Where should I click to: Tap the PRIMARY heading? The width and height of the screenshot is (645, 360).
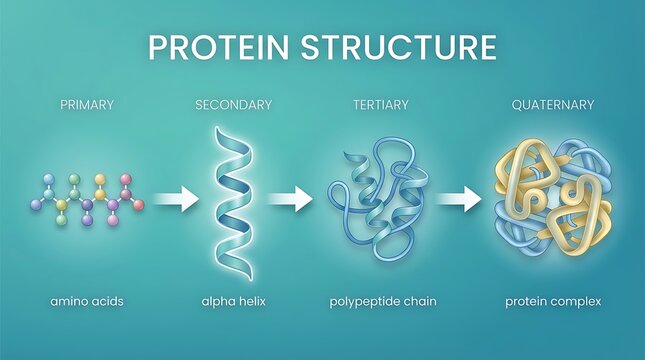point(87,104)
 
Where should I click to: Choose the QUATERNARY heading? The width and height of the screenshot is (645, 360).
point(553,104)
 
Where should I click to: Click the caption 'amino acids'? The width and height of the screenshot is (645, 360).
point(87,300)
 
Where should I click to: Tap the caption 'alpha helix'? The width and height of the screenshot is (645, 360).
point(233,300)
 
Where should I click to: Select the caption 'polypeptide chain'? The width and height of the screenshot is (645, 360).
point(383,300)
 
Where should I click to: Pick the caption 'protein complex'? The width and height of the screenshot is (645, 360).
point(553,300)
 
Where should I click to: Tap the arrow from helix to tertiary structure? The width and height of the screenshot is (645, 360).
point(291,200)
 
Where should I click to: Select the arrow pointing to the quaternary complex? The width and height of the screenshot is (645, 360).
point(459,200)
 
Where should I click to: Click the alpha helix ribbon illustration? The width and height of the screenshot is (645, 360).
point(234,195)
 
